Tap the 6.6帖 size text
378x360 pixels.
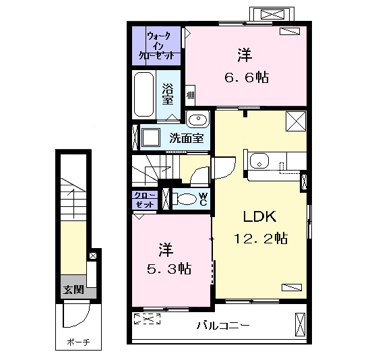click(x=245, y=78)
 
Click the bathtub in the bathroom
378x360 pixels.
click(x=144, y=94)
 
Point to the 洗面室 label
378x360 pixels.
click(x=186, y=139)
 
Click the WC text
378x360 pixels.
click(x=202, y=199)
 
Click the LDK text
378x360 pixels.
click(x=258, y=217)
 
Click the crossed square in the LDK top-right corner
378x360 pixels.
click(x=295, y=121)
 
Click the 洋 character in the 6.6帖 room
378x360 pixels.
click(x=244, y=53)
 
